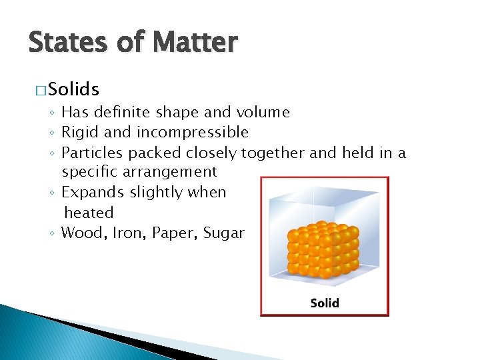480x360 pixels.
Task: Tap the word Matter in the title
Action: click(x=194, y=43)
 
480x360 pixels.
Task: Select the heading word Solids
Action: click(x=73, y=89)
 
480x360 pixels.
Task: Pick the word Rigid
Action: click(x=80, y=132)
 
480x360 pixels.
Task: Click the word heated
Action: click(x=89, y=213)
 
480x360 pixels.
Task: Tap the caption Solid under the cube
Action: click(x=325, y=303)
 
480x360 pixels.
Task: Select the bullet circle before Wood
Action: click(x=52, y=233)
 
